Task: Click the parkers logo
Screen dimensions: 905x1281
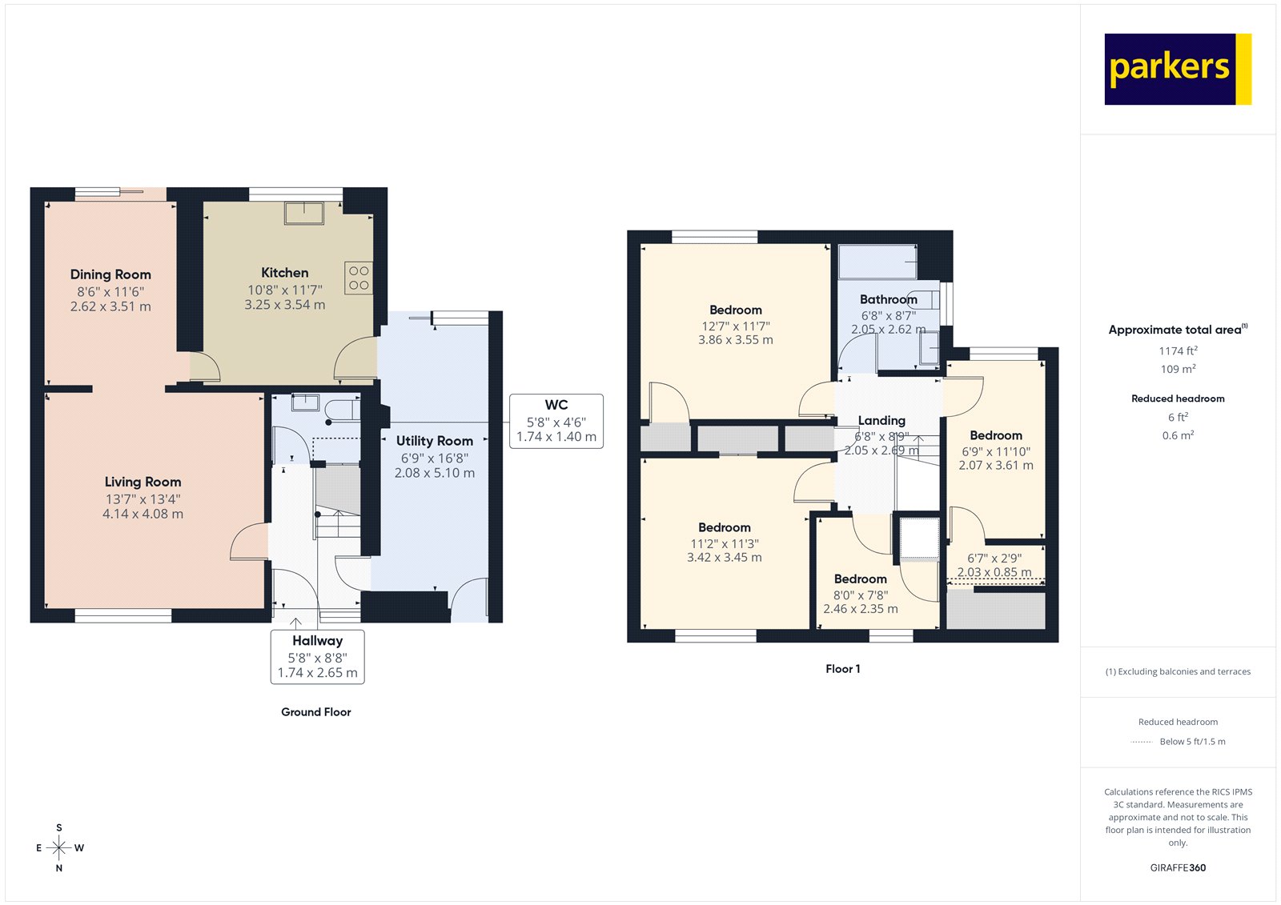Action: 1177,69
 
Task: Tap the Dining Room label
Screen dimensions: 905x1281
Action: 110,274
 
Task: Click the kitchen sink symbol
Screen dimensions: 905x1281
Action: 304,213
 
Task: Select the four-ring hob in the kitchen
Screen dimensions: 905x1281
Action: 359,278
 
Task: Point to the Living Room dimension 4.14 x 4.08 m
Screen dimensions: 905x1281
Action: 143,514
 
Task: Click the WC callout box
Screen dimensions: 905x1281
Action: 556,421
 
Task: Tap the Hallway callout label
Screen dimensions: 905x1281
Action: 317,641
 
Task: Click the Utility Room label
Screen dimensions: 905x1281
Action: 434,441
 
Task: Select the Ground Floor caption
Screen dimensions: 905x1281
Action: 315,712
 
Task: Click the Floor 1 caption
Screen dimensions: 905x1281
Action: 842,669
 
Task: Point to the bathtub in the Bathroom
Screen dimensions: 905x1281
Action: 877,262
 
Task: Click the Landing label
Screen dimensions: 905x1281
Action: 881,420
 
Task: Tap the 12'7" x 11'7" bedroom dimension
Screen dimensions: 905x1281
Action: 735,326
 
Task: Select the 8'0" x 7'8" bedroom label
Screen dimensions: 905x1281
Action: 860,579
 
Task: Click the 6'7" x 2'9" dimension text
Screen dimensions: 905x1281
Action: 994,559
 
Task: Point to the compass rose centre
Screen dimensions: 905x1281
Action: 59,847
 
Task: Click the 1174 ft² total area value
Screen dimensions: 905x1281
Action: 1178,350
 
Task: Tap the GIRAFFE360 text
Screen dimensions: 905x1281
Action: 1178,867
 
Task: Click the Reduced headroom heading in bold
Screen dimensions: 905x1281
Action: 1178,398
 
